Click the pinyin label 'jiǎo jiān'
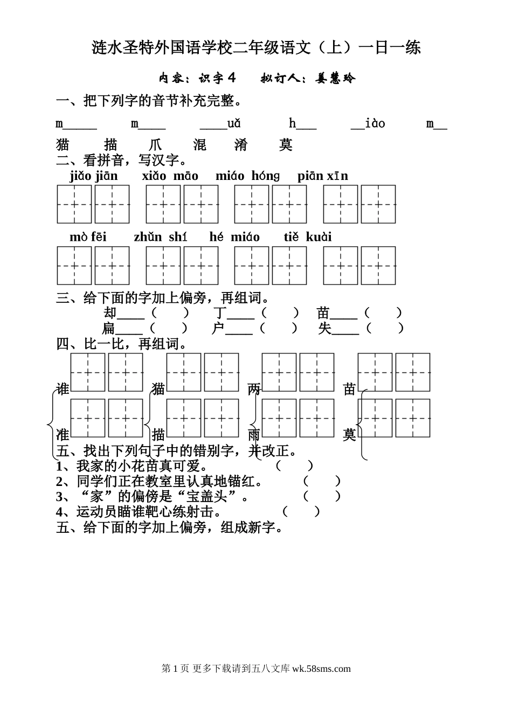[94, 176]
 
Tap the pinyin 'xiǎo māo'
[170, 176]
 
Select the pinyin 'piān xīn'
[323, 176]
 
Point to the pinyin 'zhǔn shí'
[161, 237]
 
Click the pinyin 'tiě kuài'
[308, 237]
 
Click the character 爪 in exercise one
[155, 144]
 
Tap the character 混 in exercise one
[199, 144]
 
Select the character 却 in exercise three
[110, 313]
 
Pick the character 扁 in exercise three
[108, 328]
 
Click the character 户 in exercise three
[218, 328]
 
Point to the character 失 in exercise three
[325, 328]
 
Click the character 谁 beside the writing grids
[63, 389]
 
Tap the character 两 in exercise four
[254, 389]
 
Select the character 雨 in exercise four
[254, 435]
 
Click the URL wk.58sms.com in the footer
[321, 669]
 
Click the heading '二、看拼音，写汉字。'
[121, 160]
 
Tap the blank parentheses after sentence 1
[294, 466]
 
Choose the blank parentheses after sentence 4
[301, 512]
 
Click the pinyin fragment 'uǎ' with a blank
[220, 123]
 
